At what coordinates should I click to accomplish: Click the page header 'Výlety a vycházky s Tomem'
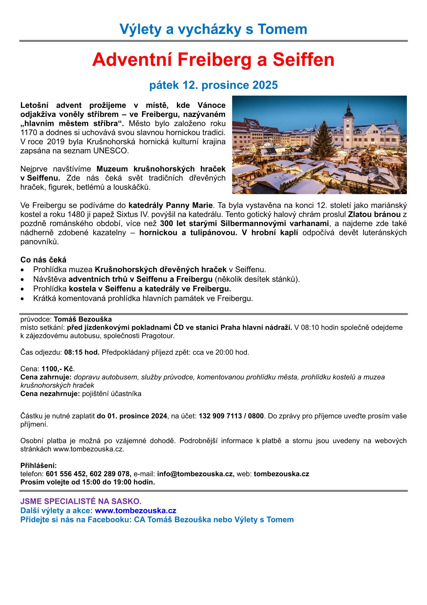click(213, 29)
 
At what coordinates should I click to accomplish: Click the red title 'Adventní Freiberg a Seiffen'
click(213, 60)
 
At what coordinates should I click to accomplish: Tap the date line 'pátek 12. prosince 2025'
click(213, 85)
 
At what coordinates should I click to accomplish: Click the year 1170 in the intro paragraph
click(29, 133)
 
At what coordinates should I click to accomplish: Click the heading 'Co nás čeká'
click(43, 260)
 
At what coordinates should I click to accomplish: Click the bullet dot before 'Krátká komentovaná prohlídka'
click(23, 299)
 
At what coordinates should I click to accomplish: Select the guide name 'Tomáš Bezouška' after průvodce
click(83, 319)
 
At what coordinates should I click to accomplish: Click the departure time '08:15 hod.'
click(82, 352)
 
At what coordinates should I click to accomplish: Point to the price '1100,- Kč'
click(57, 369)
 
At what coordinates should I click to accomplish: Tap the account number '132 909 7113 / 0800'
click(231, 416)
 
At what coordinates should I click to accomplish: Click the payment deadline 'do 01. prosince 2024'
click(132, 416)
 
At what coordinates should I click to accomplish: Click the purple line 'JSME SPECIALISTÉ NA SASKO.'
click(81, 501)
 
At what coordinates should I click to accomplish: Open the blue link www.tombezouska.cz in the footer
click(136, 510)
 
